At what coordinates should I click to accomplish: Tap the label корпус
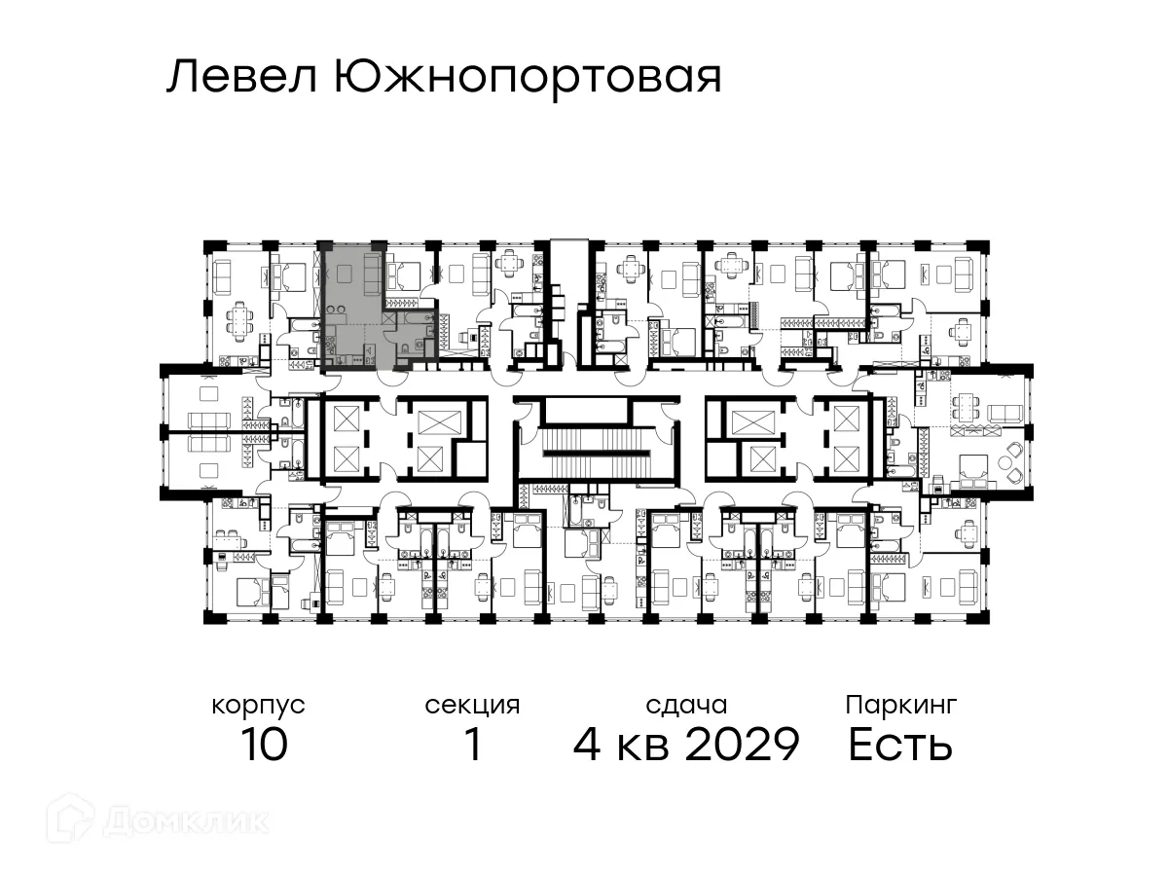[x=258, y=705]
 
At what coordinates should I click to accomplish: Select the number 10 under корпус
[x=263, y=746]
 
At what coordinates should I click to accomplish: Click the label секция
[x=472, y=705]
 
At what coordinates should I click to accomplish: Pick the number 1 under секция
[x=473, y=746]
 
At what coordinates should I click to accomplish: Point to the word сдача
[x=686, y=705]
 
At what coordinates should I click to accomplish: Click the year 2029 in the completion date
[x=742, y=746]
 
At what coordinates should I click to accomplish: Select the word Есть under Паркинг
[x=899, y=746]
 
